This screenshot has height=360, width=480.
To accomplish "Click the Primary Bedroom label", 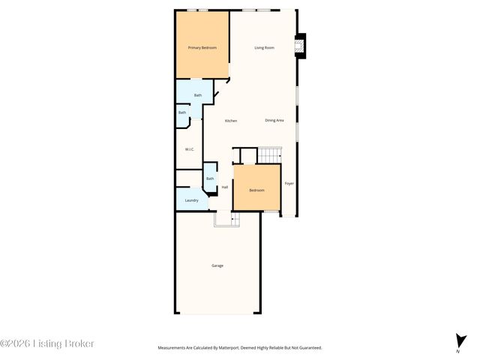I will [202, 48].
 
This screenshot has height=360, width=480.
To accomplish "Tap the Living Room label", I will [264, 48].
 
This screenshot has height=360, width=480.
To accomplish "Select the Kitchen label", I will [231, 121].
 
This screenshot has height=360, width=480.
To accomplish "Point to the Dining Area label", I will [274, 120].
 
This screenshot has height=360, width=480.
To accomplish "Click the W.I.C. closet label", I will [190, 149].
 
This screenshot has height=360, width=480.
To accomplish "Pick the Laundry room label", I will [191, 200].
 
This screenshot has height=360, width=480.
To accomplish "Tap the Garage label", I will [217, 265].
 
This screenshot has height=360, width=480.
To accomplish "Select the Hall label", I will [224, 187].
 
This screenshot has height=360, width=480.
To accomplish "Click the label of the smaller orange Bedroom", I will [256, 190].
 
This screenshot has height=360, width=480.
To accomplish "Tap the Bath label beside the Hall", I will [210, 178].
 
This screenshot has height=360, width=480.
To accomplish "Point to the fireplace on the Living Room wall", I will [301, 46].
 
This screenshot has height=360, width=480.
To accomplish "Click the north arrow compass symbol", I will [458, 341].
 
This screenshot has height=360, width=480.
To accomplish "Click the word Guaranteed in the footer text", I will [307, 348].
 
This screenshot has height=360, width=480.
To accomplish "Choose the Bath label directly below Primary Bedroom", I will [198, 95].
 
